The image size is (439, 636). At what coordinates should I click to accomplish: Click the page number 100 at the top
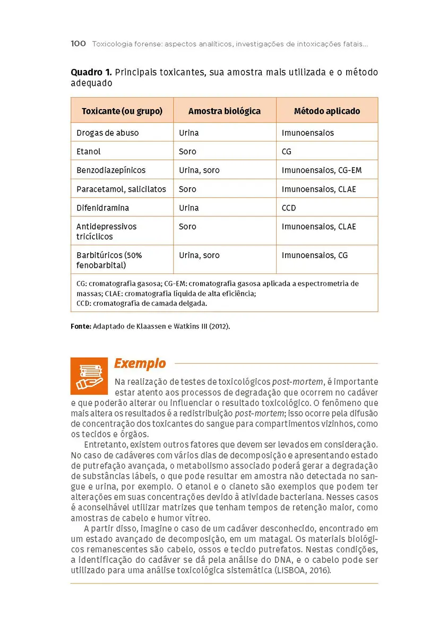click(x=78, y=44)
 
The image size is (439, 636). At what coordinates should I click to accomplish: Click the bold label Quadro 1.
click(x=91, y=72)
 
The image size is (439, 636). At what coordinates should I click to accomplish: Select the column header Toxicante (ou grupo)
click(x=122, y=111)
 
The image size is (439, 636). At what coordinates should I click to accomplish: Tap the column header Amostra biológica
click(x=225, y=111)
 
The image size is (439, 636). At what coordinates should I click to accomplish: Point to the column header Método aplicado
click(x=327, y=111)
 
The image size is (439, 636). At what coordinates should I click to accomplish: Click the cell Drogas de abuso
click(x=107, y=133)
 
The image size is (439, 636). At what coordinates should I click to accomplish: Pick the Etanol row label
click(x=89, y=152)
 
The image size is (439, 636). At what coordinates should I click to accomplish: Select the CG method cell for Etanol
click(x=287, y=152)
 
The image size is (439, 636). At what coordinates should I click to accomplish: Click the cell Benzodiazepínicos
click(x=111, y=170)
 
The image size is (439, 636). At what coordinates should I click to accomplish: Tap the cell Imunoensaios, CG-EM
click(x=322, y=170)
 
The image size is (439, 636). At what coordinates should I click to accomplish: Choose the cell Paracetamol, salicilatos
click(x=121, y=189)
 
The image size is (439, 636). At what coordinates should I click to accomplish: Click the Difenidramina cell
click(x=102, y=208)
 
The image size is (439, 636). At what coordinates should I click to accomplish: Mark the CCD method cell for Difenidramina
click(x=289, y=208)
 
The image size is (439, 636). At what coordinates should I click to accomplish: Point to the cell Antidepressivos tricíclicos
click(x=106, y=231)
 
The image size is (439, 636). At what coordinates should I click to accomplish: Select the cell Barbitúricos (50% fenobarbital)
click(x=109, y=260)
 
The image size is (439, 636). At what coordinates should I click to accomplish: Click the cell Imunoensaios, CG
click(x=315, y=255)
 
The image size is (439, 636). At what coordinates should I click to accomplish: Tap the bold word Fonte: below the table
click(x=81, y=326)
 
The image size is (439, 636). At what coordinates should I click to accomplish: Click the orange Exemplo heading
click(x=140, y=364)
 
